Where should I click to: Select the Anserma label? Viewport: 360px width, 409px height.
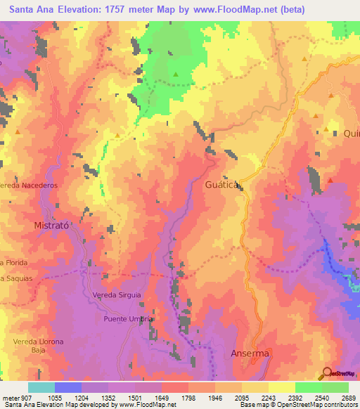coord(250,353)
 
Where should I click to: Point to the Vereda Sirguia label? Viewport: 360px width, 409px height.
coord(117,295)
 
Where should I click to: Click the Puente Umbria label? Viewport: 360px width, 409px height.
coord(128,318)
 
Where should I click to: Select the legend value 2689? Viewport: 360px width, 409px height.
coord(349,398)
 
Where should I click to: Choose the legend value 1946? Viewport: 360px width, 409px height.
coord(216,398)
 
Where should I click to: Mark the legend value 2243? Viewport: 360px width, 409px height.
coord(269,398)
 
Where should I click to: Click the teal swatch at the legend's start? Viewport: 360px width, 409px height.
coord(41,387)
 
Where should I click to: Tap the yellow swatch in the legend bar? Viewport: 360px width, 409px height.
coord(281,387)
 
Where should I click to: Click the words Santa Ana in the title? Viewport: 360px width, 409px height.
coord(34,11)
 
